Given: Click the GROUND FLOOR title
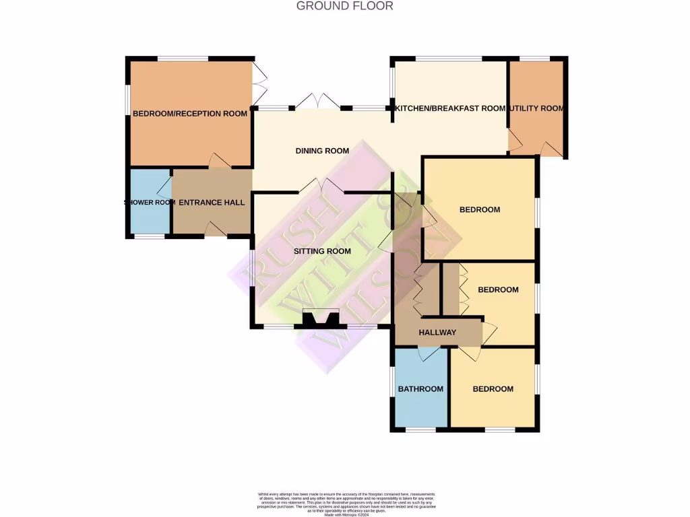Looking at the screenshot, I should click(x=344, y=6).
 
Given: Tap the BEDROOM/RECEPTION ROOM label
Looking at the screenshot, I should click(x=190, y=114).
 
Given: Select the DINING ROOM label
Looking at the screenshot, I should click(x=322, y=151).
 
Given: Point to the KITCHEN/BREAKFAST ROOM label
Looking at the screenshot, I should click(x=450, y=108).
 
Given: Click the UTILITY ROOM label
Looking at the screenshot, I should click(x=536, y=108).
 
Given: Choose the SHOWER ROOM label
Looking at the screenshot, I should click(x=150, y=203).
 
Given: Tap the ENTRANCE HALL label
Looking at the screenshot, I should click(x=212, y=202).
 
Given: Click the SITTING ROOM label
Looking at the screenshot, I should click(x=322, y=251).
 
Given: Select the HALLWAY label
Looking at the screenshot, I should click(x=437, y=333).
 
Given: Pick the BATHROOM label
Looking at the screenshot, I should click(x=420, y=389).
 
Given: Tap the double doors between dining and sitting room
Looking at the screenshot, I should click(x=321, y=186).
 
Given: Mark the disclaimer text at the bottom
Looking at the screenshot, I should click(x=344, y=504).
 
